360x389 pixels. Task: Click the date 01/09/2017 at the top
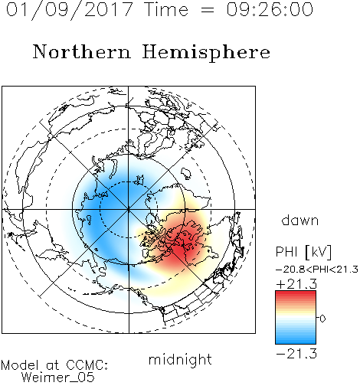70,10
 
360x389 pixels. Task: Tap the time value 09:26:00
270,9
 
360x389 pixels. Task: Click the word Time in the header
166,9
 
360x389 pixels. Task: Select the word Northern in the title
82,51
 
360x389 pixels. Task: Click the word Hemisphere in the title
206,53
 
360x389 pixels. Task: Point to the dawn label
300,220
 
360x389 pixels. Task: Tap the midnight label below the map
180,359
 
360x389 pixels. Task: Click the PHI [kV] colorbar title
303,252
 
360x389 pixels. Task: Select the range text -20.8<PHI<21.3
317,270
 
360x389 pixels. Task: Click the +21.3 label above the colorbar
296,284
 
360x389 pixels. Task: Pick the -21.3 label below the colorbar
296,354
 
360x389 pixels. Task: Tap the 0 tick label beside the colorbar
322,319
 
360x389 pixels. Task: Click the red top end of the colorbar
296,293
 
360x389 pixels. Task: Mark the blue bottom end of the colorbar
296,341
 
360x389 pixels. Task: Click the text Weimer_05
58,378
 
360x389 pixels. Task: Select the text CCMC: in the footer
87,365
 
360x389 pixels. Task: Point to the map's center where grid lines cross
129,209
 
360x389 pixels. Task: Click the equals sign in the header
208,10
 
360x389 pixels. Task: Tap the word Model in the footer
20,365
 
